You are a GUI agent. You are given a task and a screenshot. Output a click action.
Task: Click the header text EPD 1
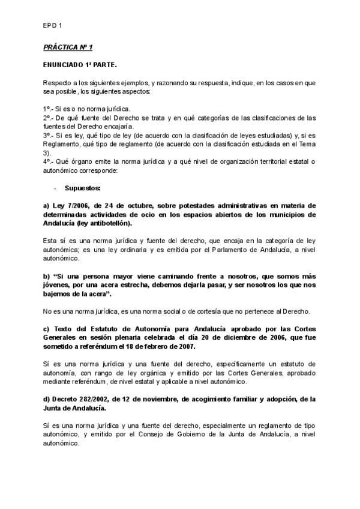pyautogui.click(x=52, y=25)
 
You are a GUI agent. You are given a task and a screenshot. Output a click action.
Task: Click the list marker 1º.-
pyautogui.click(x=49, y=109)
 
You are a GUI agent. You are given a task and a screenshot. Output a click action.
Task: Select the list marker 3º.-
pyautogui.click(x=49, y=136)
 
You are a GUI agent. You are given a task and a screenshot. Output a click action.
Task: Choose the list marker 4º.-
pyautogui.click(x=49, y=161)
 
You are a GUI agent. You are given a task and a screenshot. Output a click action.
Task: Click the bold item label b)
pyautogui.click(x=46, y=276)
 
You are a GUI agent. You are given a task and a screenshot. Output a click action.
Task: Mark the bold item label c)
pyautogui.click(x=46, y=329)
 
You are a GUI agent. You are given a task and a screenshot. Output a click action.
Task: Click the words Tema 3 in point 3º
pyautogui.click(x=302, y=144)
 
